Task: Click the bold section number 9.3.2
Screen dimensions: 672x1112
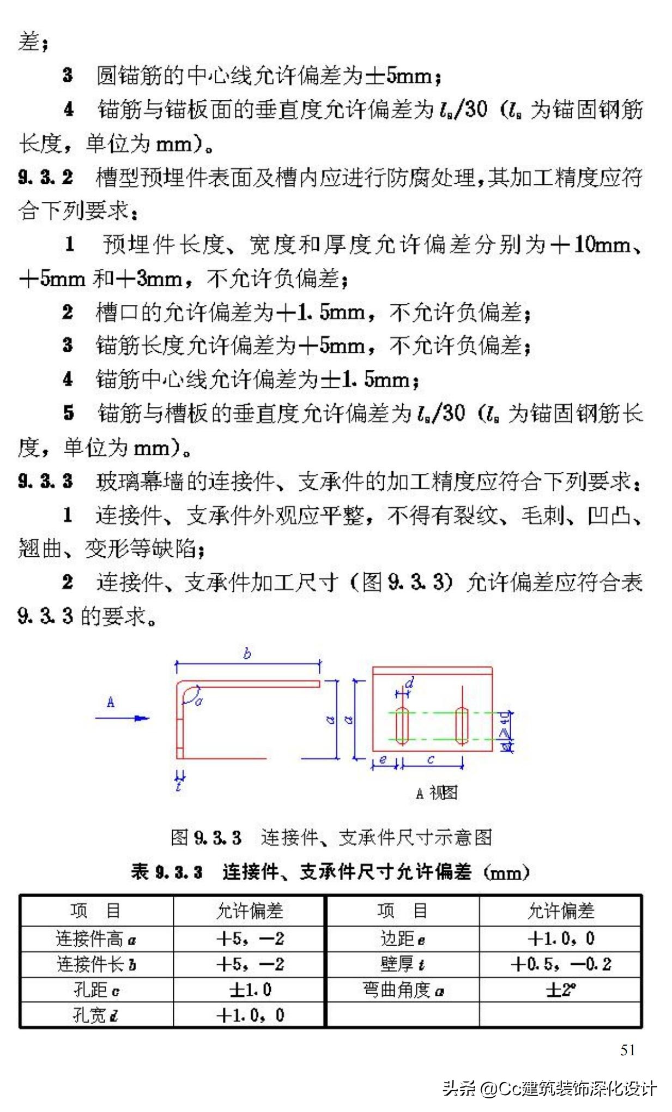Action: [45, 177]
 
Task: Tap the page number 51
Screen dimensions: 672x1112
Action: [628, 1050]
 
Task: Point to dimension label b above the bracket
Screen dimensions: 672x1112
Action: [247, 653]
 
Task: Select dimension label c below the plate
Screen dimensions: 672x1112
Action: [431, 759]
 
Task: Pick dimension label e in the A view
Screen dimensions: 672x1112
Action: [383, 759]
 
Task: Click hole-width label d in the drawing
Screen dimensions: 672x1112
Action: [410, 683]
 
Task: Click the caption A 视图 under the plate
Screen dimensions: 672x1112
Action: [436, 792]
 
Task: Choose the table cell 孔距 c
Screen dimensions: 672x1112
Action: [96, 989]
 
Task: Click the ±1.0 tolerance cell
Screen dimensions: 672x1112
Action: [250, 989]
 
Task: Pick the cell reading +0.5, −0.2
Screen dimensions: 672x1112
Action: [561, 964]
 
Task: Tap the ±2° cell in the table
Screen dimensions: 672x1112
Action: [561, 989]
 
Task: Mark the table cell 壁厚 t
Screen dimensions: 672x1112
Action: [402, 964]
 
